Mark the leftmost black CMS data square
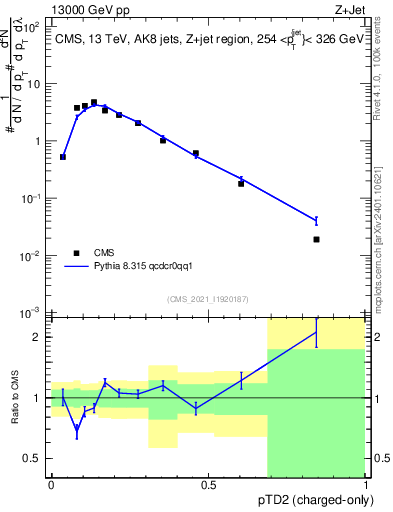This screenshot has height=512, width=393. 63,157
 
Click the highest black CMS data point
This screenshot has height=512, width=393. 94,102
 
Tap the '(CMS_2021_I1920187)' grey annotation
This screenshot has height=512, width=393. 207,298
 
